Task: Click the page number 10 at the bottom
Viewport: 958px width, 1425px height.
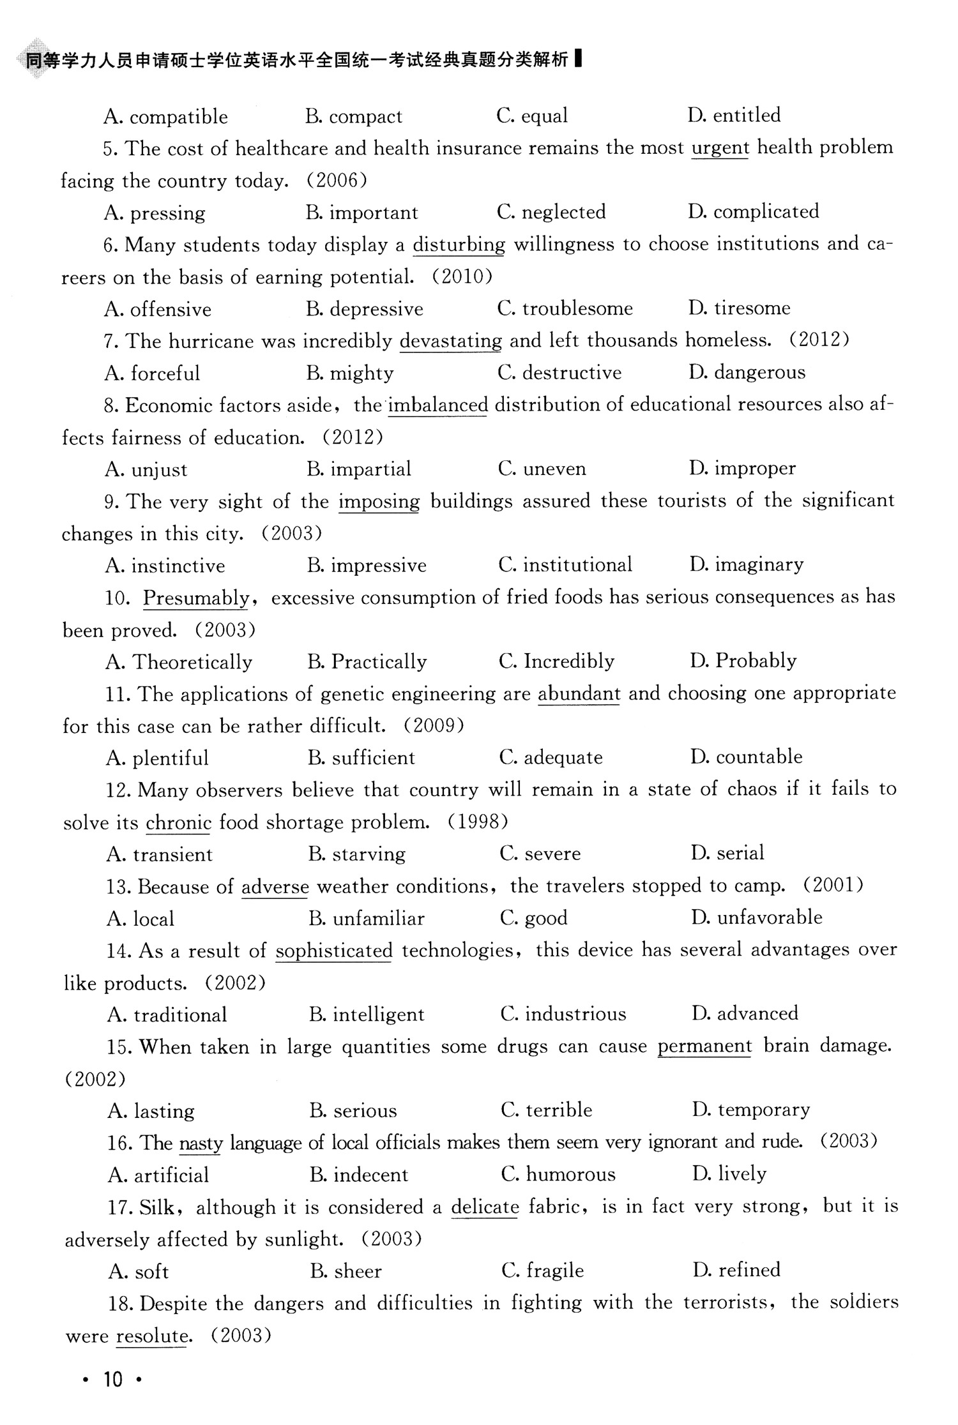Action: (x=112, y=1379)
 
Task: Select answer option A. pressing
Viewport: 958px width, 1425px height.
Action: (x=155, y=213)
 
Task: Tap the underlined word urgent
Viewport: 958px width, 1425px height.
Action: (x=720, y=147)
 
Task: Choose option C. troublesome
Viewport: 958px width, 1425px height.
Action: (x=565, y=308)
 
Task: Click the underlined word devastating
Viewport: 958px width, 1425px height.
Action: (x=450, y=341)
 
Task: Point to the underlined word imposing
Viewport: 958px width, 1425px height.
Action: (x=379, y=501)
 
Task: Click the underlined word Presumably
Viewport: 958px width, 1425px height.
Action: (x=195, y=598)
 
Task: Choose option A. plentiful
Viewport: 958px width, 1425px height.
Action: (x=157, y=758)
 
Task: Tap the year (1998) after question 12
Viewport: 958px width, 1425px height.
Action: (x=478, y=822)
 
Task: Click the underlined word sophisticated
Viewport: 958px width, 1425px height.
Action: (x=333, y=951)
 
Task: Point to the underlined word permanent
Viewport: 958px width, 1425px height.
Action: (x=704, y=1046)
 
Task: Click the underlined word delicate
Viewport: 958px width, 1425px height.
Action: (x=485, y=1207)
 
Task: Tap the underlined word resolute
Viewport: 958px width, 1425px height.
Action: (x=151, y=1335)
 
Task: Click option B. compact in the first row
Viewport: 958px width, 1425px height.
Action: (x=354, y=116)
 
